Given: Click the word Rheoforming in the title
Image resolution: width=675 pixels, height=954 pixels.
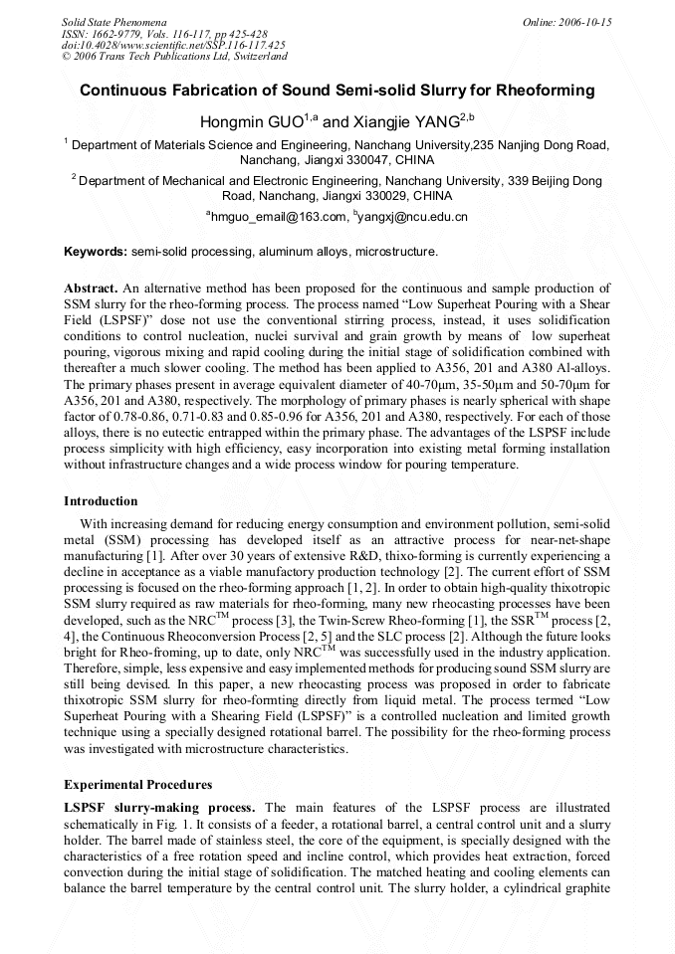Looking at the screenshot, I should click(x=546, y=91).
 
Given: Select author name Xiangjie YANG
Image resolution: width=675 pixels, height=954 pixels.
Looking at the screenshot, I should click(x=405, y=122).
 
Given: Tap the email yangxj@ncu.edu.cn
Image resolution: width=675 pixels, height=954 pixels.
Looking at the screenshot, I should click(x=419, y=216).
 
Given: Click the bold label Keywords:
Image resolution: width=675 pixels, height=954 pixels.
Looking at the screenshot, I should click(x=96, y=252).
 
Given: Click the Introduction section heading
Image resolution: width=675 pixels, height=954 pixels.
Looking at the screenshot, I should click(x=101, y=500).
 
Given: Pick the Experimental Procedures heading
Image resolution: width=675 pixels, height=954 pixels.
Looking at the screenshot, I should click(x=137, y=785).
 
